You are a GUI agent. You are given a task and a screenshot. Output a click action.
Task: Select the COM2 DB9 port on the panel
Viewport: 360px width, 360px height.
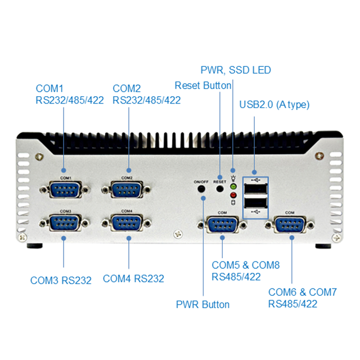click(126, 189)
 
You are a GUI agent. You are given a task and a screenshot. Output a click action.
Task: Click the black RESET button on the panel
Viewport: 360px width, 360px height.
click(220, 191)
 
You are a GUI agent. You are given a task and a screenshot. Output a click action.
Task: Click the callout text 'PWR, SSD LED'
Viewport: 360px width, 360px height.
click(236, 70)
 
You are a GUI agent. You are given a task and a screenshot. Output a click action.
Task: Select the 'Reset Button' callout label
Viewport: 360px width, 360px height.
click(202, 85)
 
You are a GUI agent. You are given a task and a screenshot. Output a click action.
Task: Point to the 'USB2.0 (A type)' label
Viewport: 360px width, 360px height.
click(274, 105)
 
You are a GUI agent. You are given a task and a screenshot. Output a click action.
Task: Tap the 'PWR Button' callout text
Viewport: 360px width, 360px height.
click(202, 304)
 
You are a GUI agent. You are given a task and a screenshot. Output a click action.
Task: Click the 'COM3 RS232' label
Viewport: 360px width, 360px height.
click(61, 280)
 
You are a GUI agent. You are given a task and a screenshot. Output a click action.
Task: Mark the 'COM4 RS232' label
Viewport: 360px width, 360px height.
click(133, 278)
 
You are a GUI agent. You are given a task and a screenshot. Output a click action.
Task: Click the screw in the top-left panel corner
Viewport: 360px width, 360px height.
click(38, 157)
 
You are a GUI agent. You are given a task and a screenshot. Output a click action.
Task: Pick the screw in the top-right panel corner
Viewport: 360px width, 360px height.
click(321, 156)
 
